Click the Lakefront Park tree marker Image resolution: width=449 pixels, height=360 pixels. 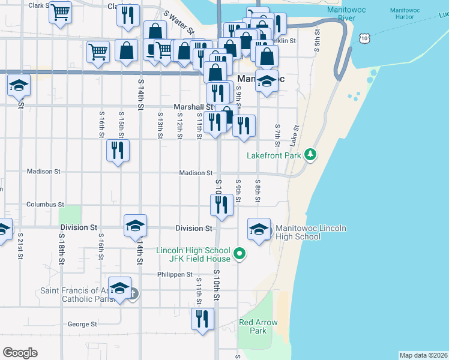(x=310, y=155)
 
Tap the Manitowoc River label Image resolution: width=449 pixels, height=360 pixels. (x=346, y=14)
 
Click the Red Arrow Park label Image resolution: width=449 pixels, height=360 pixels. (x=258, y=326)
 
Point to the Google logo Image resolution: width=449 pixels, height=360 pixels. (x=20, y=352)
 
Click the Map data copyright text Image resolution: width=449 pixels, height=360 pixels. (x=423, y=355)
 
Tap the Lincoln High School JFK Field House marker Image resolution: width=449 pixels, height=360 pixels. (x=240, y=254)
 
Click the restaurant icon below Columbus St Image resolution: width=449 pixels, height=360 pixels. (x=221, y=205)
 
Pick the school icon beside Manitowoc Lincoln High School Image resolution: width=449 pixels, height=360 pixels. (x=259, y=229)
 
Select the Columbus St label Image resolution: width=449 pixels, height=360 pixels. (x=45, y=204)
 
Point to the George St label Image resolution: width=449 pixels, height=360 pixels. (x=82, y=324)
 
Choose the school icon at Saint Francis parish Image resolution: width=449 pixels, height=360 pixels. (x=119, y=288)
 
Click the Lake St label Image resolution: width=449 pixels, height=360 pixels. (x=295, y=136)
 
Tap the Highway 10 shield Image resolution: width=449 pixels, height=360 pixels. (x=365, y=38)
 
